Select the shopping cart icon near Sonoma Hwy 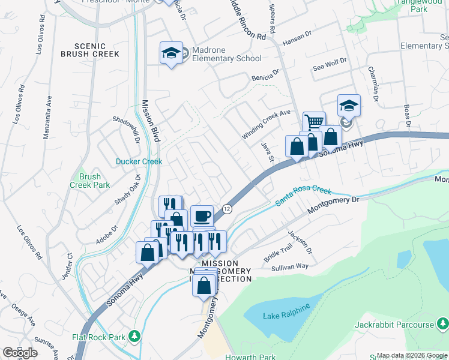313,122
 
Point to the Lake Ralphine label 286,308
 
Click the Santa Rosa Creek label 303,196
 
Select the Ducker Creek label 139,161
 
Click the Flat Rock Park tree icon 136,337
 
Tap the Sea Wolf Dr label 330,65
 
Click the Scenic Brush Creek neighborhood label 90,50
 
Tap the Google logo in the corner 20,353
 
